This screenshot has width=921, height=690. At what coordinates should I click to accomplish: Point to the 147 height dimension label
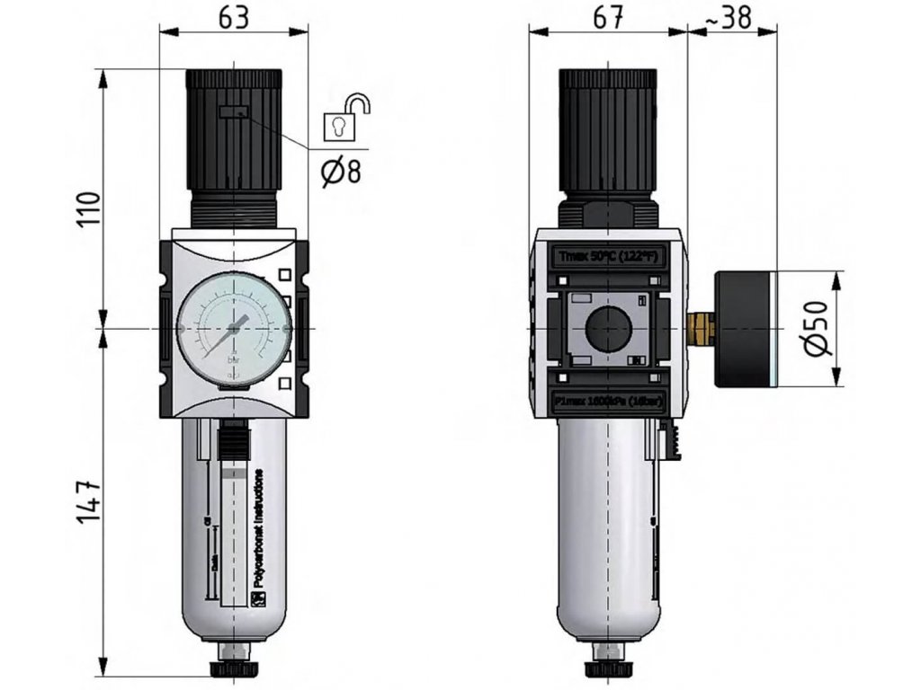click(87, 505)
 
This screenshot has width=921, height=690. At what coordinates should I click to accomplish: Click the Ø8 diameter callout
click(341, 170)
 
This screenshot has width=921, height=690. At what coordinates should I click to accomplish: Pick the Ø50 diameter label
click(815, 330)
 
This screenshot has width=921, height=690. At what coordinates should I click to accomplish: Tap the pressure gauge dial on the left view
click(234, 330)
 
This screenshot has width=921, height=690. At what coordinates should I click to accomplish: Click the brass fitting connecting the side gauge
click(702, 329)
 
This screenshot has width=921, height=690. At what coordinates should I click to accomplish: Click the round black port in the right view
click(609, 329)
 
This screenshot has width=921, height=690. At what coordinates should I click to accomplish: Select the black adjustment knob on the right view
click(608, 130)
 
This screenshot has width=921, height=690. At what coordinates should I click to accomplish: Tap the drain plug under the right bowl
click(608, 668)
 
